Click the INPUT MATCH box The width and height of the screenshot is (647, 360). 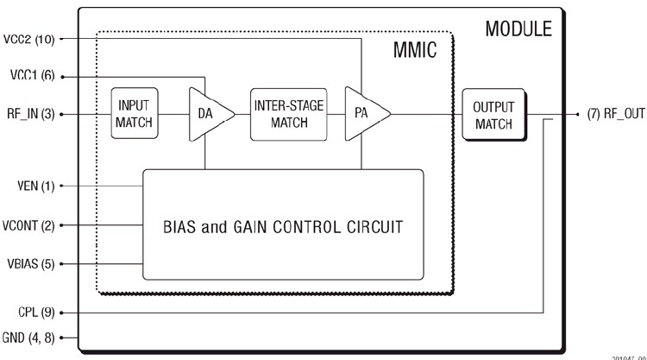click(x=134, y=112)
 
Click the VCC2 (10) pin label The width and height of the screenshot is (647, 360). click(x=29, y=38)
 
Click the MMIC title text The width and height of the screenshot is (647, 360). click(x=413, y=51)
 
